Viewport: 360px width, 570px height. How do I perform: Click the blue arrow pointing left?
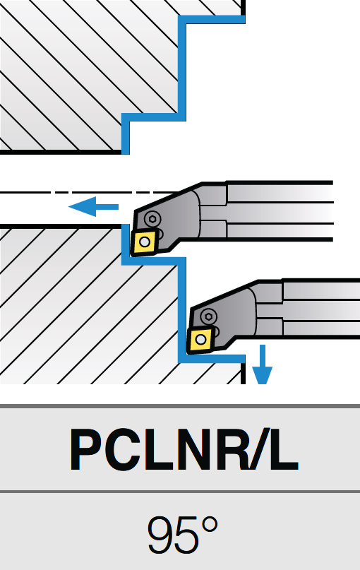click(x=93, y=206)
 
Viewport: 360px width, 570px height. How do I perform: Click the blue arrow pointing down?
click(x=263, y=364)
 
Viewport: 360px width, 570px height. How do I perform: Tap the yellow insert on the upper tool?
click(x=145, y=242)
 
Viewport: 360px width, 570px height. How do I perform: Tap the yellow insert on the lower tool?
click(x=200, y=340)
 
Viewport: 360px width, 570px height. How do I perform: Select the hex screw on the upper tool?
click(x=152, y=218)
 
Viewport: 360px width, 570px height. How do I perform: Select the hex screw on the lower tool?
click(x=208, y=316)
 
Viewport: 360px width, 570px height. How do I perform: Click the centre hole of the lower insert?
click(x=200, y=340)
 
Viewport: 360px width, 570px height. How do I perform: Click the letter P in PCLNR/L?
click(x=87, y=450)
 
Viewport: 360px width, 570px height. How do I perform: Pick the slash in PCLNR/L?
click(x=256, y=450)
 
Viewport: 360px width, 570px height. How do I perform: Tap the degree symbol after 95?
click(x=210, y=526)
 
